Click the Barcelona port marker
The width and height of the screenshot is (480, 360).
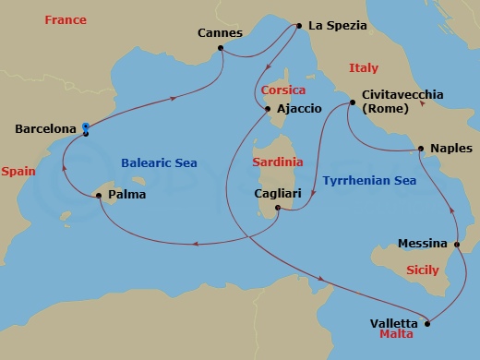(x=85, y=129)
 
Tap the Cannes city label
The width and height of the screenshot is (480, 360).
(x=221, y=34)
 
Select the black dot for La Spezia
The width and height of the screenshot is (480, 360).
(x=299, y=26)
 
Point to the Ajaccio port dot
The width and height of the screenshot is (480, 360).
(x=269, y=109)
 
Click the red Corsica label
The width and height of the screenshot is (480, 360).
(x=282, y=90)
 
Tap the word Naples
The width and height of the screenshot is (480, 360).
(x=451, y=148)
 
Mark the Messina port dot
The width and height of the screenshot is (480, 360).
(x=458, y=244)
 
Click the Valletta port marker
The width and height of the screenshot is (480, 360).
(x=428, y=323)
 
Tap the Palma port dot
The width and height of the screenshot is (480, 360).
(x=99, y=195)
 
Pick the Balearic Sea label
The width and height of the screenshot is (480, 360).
(x=159, y=162)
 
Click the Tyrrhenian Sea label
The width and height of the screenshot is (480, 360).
(x=369, y=181)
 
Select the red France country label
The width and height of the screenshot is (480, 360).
(x=66, y=20)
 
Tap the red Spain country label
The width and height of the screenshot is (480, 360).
(x=18, y=172)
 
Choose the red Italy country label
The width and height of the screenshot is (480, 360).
(x=364, y=67)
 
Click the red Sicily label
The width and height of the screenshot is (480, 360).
(x=423, y=270)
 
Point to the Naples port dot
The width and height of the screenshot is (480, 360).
(x=421, y=148)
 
